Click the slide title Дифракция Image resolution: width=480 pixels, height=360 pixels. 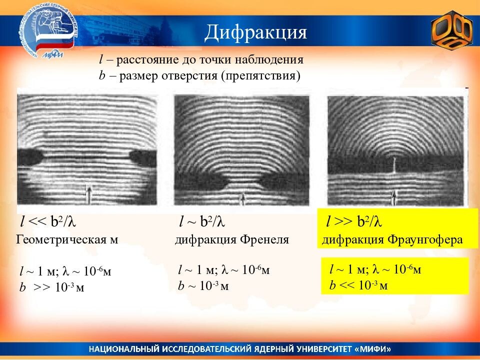coord(255,32)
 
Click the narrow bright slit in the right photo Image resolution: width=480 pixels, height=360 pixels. coord(394,164)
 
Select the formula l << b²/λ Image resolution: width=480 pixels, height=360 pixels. coord(50,221)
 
